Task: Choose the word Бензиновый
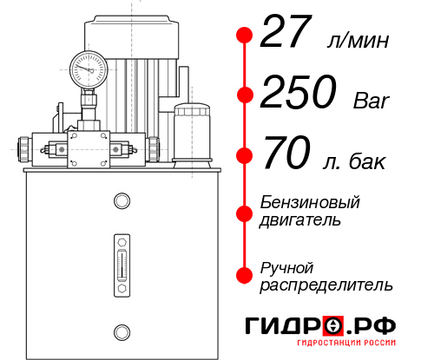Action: coord(310,202)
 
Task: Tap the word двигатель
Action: coord(300,219)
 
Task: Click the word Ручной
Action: coord(286,266)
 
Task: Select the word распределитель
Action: coord(326,284)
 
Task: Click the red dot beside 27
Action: coord(244,36)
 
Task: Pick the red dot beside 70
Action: coord(244,156)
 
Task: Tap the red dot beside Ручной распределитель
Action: coord(244,274)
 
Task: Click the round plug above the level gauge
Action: coord(121,202)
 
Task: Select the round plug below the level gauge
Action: coord(121,330)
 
